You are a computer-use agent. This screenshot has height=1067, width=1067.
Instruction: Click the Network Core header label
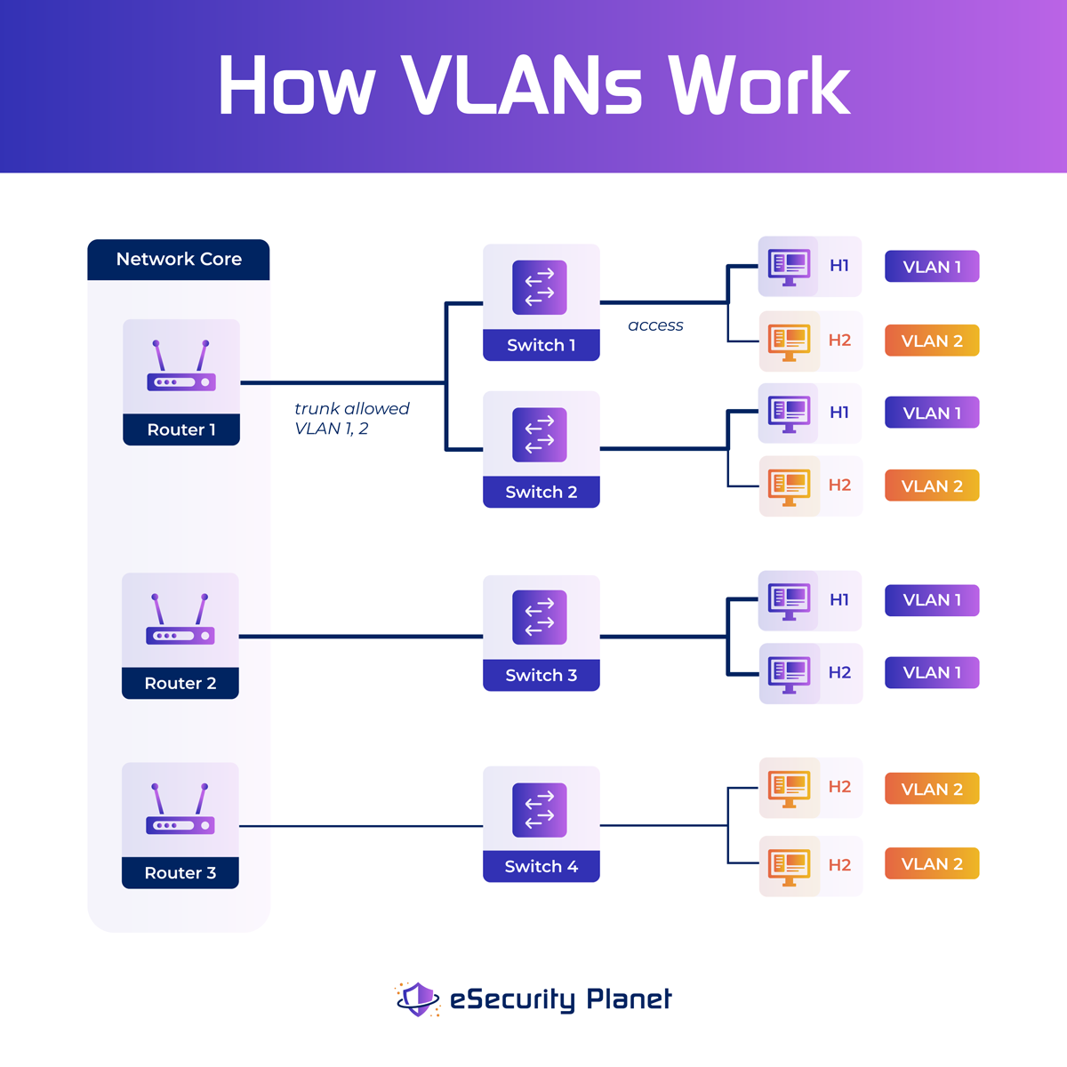pyautogui.click(x=179, y=260)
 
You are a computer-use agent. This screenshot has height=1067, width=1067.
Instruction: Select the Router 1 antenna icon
pyautogui.click(x=181, y=366)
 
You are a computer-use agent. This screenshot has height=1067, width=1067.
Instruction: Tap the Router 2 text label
pyautogui.click(x=181, y=683)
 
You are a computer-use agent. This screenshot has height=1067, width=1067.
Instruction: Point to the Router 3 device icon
pyautogui.click(x=181, y=810)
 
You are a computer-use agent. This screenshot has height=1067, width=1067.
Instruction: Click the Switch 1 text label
pyautogui.click(x=541, y=345)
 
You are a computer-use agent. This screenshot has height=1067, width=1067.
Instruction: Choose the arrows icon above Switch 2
pyautogui.click(x=540, y=435)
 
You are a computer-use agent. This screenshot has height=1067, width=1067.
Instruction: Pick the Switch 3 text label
pyautogui.click(x=541, y=675)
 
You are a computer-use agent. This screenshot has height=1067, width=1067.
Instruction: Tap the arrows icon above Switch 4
pyautogui.click(x=540, y=810)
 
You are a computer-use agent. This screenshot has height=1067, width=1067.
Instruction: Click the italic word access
pyautogui.click(x=655, y=325)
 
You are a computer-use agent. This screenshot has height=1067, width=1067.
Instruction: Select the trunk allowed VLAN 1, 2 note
pyautogui.click(x=351, y=418)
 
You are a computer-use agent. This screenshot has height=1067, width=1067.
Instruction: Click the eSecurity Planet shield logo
pyautogui.click(x=417, y=999)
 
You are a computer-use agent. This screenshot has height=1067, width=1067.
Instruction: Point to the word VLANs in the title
pyautogui.click(x=521, y=85)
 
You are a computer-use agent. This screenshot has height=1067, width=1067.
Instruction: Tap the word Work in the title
pyautogui.click(x=759, y=85)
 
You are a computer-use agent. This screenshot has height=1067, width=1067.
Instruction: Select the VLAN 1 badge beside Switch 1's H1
pyautogui.click(x=932, y=267)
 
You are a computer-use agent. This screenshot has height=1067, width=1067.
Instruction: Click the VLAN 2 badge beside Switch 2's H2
pyautogui.click(x=932, y=485)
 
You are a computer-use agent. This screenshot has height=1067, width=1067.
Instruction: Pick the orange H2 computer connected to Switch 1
pyautogui.click(x=789, y=341)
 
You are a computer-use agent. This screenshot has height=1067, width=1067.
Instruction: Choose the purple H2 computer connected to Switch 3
pyautogui.click(x=789, y=673)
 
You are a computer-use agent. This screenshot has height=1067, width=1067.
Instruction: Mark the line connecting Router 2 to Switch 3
pyautogui.click(x=360, y=637)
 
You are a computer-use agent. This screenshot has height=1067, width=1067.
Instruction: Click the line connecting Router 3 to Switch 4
pyautogui.click(x=360, y=826)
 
